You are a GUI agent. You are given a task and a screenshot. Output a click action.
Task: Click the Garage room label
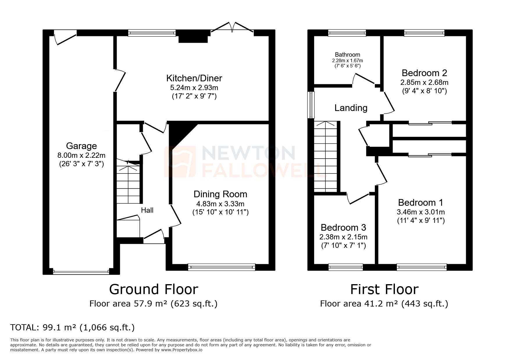click(81, 146)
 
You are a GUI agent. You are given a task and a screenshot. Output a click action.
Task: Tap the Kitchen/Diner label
click(194, 78)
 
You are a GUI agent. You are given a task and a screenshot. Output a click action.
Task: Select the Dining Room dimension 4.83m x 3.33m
click(220, 204)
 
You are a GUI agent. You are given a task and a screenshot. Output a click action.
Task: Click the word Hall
click(147, 210)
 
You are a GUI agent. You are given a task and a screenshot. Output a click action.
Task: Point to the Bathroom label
click(347, 55)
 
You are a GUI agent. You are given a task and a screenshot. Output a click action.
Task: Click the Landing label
click(351, 108)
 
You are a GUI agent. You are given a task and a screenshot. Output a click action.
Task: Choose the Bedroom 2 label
click(424, 73)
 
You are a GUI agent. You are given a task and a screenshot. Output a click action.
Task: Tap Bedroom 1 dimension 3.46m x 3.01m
click(420, 212)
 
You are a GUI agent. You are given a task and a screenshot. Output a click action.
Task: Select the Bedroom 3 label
click(343, 227)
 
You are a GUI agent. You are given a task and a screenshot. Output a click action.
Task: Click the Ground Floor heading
click(154, 289)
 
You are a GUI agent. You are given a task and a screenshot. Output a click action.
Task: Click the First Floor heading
click(384, 289)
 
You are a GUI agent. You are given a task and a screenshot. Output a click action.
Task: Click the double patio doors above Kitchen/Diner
click(232, 28)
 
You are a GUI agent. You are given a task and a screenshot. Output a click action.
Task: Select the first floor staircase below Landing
click(325, 157)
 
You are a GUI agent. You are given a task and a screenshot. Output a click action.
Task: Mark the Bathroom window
click(347, 33)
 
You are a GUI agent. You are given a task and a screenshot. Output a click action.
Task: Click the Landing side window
click(311, 105)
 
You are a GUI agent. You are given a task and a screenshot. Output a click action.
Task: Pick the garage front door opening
click(81, 272)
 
